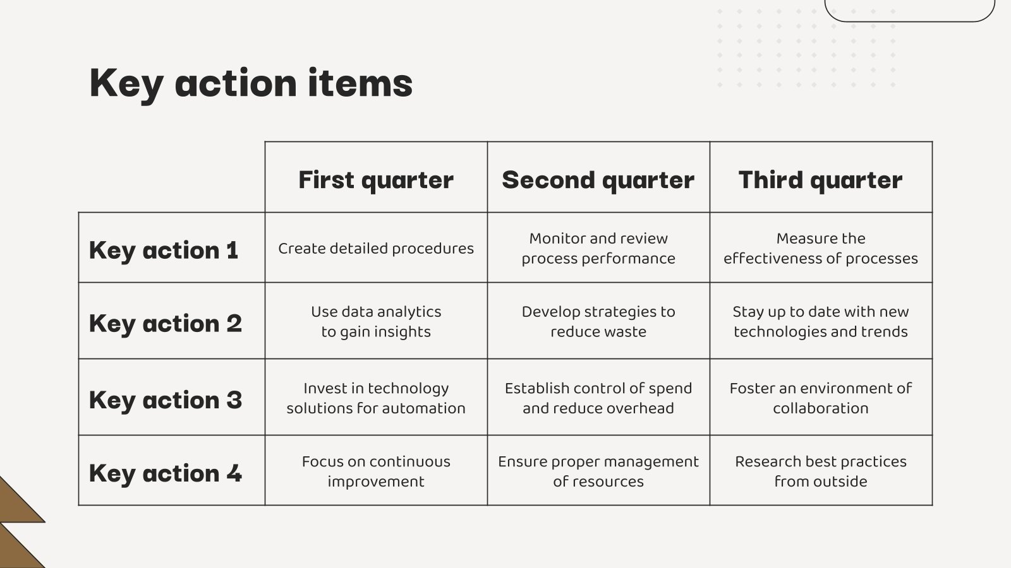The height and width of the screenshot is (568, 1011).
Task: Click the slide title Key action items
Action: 251,84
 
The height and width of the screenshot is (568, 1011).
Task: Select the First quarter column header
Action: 376,180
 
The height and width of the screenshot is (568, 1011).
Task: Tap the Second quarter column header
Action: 598,180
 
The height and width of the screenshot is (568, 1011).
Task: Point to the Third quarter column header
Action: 821,180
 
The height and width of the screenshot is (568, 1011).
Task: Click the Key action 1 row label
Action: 164,251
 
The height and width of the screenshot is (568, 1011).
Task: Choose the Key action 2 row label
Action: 165,324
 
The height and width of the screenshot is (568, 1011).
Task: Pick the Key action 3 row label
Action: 165,400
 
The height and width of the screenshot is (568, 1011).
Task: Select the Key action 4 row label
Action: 165,473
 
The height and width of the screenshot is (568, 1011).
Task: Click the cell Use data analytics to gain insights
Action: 376,321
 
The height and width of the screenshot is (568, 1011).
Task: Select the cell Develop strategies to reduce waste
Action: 598,321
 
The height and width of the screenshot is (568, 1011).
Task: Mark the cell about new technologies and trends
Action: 821,321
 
